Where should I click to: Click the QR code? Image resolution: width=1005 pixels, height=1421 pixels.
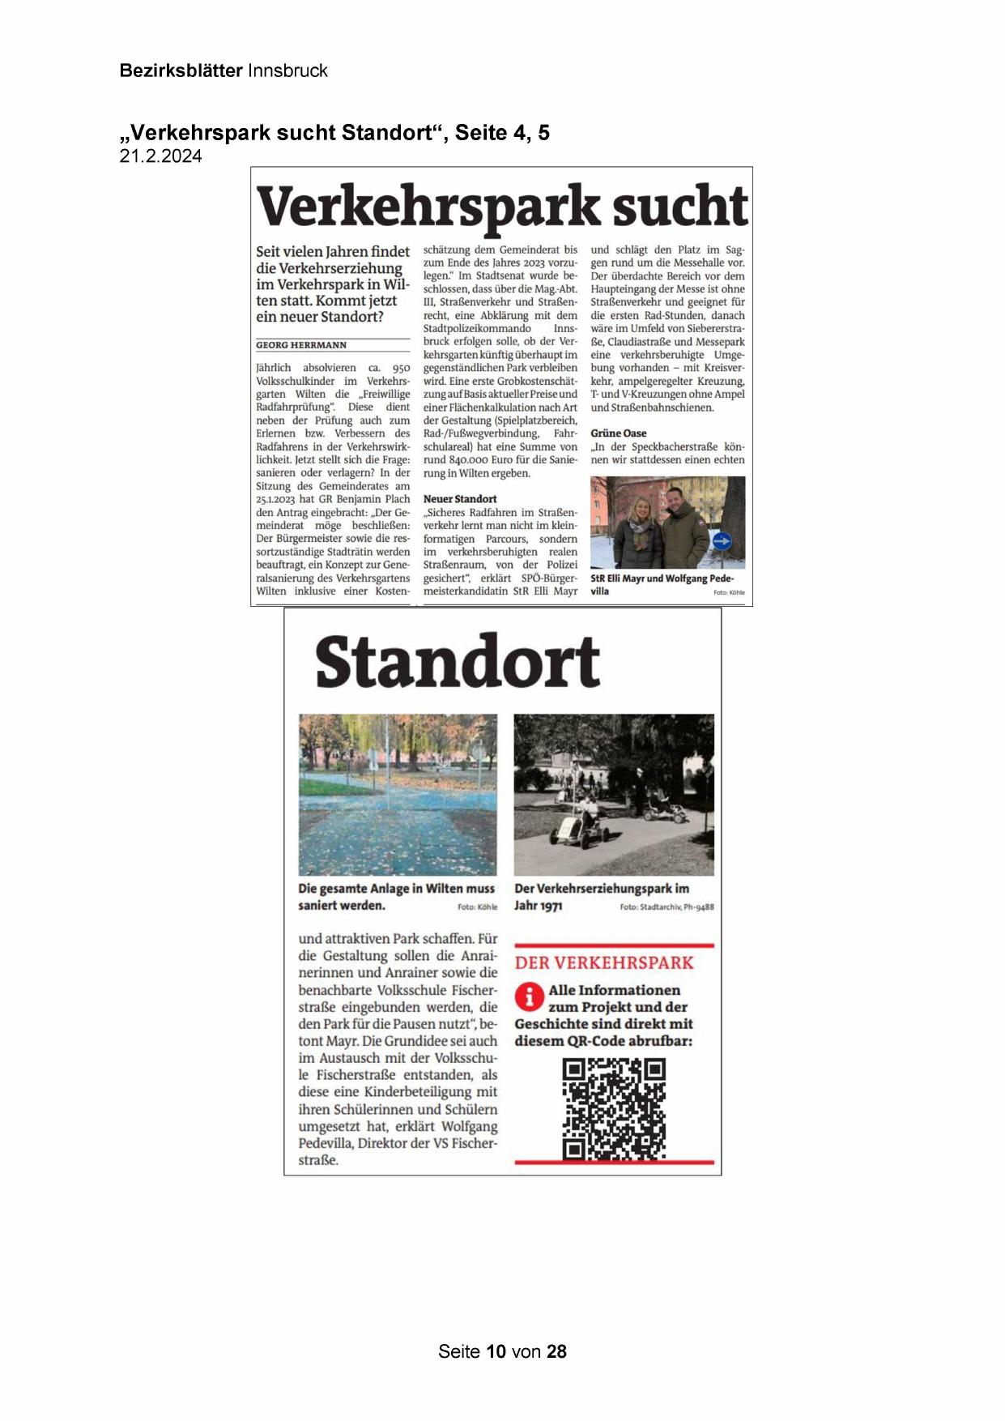614,1109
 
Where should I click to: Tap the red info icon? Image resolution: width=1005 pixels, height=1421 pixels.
529,996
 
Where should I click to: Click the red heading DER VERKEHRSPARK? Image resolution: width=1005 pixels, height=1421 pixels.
604,962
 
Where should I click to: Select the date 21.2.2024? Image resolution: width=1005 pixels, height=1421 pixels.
160,156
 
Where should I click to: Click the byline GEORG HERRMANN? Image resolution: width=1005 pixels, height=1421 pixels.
301,345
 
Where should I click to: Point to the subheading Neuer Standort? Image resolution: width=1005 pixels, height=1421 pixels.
460,499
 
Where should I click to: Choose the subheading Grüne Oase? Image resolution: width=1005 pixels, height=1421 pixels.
619,433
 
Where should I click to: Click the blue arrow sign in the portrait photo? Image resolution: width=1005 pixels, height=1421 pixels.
721,540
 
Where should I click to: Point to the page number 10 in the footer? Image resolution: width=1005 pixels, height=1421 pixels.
496,1351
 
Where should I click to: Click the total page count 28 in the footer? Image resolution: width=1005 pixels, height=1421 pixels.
556,1351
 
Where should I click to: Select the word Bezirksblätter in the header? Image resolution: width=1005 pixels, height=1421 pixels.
181,70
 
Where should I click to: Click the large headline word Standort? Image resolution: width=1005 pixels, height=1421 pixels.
458,662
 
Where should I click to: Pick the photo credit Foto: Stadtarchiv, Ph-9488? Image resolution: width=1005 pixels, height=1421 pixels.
666,907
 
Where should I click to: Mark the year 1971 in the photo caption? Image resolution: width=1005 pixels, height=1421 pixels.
549,906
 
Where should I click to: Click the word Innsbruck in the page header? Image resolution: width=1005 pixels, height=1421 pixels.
287,70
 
